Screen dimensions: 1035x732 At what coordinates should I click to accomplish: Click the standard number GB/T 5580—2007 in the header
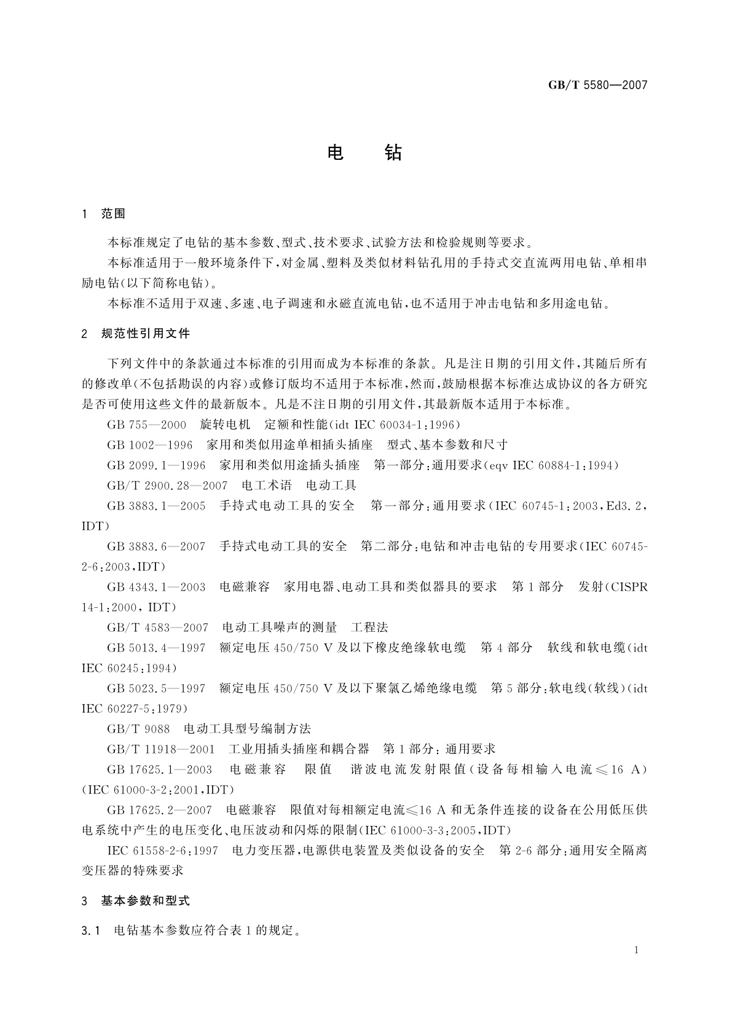(x=597, y=85)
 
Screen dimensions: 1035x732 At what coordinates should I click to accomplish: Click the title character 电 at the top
(x=336, y=152)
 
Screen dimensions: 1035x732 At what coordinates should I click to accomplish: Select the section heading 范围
(x=113, y=214)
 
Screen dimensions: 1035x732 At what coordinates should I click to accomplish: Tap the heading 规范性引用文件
(x=146, y=334)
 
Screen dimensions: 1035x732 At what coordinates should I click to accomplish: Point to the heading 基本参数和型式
(x=146, y=901)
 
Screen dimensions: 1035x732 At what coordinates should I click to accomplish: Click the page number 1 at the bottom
(x=636, y=950)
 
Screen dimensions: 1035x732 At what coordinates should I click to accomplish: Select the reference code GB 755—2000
(x=146, y=425)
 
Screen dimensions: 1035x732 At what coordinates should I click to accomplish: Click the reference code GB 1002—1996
(x=149, y=445)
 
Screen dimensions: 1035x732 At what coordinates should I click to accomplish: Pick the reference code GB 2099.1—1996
(x=156, y=465)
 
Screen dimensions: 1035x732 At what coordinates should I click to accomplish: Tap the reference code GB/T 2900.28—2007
(x=167, y=486)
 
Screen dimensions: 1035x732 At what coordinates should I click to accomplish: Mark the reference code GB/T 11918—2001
(x=161, y=749)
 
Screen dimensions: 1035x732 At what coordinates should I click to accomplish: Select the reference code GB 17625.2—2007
(x=159, y=810)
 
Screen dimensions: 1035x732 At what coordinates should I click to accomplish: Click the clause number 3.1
(x=90, y=931)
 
